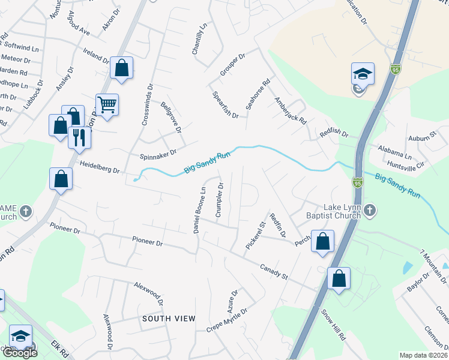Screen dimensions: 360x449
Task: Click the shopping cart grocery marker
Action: [107, 105]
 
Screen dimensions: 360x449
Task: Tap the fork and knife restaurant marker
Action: [79, 137]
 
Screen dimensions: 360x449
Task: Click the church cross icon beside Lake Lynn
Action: [370, 210]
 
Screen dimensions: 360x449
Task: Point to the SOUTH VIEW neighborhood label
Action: [169, 319]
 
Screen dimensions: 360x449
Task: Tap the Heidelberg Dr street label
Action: [100, 167]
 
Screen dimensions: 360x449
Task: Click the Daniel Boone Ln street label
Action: [199, 209]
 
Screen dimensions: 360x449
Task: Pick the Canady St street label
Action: [274, 272]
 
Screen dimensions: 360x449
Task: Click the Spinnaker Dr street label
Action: [158, 155]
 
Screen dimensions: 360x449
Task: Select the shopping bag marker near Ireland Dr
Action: [121, 68]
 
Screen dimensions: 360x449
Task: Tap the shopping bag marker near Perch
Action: [323, 241]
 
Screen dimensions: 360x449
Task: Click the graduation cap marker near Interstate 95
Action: [363, 74]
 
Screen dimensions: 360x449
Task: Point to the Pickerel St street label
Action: [255, 236]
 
